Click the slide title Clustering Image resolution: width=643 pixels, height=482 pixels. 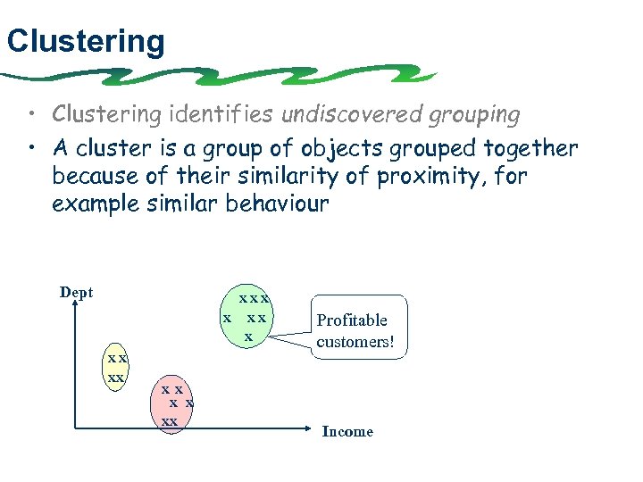[x=85, y=41]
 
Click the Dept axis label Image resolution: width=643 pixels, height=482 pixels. [x=76, y=293]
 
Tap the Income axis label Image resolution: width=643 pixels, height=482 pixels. [x=347, y=432]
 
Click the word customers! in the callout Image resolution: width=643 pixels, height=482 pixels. [x=355, y=342]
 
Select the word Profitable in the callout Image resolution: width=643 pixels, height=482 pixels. [x=352, y=320]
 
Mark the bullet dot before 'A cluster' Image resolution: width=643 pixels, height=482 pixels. [x=31, y=148]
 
